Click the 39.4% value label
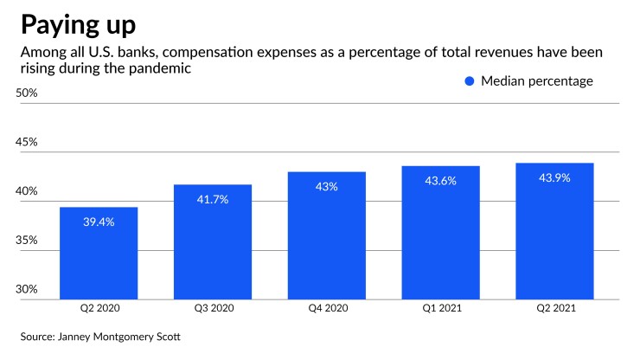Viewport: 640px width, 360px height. [x=99, y=222]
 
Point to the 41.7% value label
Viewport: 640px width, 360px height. [x=213, y=199]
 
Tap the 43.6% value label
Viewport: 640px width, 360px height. [x=441, y=181]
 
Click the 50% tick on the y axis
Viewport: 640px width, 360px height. [x=29, y=93]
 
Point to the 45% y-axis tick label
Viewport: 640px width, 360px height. [x=29, y=142]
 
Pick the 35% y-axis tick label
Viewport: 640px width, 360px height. [x=29, y=240]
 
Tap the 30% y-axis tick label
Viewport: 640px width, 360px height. [x=29, y=289]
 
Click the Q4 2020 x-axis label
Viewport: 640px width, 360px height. [x=327, y=308]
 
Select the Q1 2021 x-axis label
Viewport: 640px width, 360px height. [x=441, y=308]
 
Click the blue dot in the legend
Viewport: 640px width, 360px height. [x=470, y=81]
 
